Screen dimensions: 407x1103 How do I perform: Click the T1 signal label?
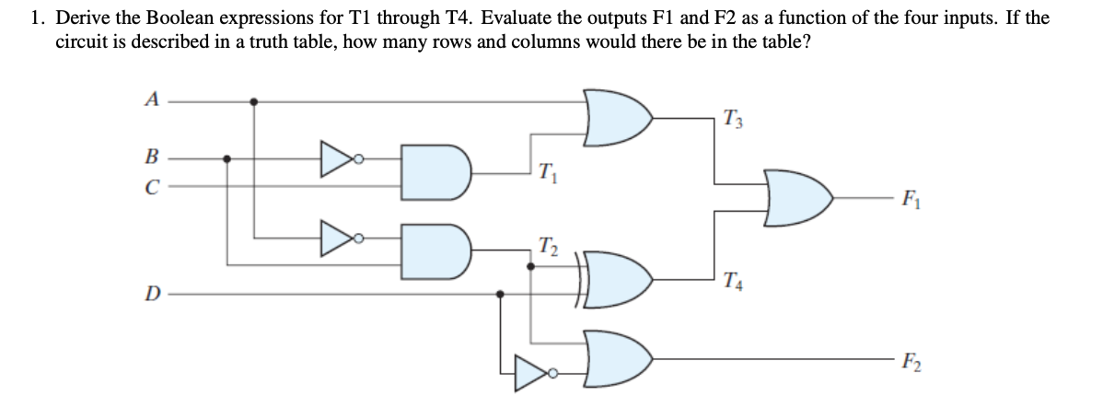pyautogui.click(x=546, y=171)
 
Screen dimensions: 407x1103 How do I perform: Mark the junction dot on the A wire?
pyautogui.click(x=255, y=101)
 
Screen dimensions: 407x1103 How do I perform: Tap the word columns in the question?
pyautogui.click(x=585, y=42)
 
